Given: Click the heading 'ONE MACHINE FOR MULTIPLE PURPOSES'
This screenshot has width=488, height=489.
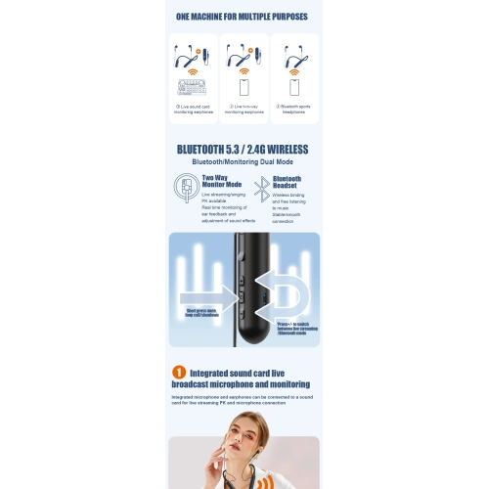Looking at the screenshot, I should pyautogui.click(x=244, y=17).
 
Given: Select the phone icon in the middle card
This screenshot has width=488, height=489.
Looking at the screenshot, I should pyautogui.click(x=244, y=85).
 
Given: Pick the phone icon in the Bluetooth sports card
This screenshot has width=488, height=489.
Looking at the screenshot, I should pyautogui.click(x=293, y=85).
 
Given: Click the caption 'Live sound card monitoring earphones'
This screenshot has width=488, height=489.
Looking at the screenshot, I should pyautogui.click(x=193, y=110).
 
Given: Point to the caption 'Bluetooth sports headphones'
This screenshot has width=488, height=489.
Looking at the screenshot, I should pyautogui.click(x=294, y=110).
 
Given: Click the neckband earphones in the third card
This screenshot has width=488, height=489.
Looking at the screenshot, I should pyautogui.click(x=293, y=57).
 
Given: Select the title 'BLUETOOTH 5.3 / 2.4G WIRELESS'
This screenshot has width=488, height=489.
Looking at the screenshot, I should pyautogui.click(x=244, y=150).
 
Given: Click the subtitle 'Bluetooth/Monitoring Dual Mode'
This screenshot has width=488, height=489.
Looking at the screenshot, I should pyautogui.click(x=244, y=162).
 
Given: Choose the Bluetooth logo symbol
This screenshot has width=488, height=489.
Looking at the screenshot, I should pyautogui.click(x=260, y=187).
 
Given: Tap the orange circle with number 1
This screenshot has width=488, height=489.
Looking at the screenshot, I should pyautogui.click(x=179, y=372).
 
